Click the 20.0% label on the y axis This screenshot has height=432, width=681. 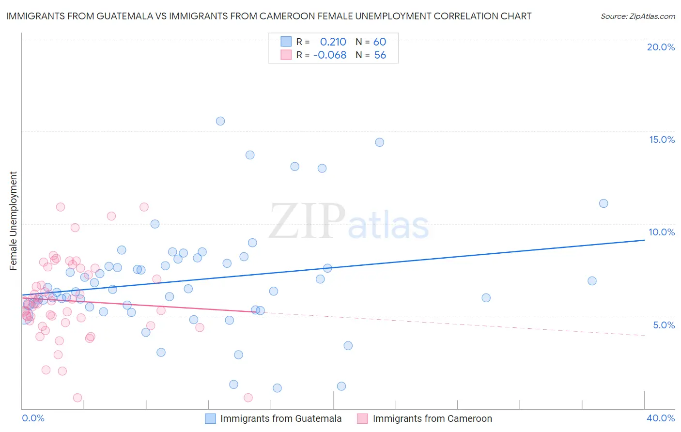[661, 47]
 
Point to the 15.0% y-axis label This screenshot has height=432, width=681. [662, 139]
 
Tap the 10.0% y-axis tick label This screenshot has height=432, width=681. [662, 232]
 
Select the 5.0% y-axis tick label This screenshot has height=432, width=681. [664, 325]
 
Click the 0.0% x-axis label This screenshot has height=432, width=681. [33, 418]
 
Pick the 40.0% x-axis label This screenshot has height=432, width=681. [660, 418]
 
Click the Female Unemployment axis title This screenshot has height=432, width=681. [14, 220]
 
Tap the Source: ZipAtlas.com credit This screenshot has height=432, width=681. [637, 16]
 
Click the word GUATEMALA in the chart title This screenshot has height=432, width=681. [121, 16]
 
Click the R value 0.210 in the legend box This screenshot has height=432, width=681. [333, 42]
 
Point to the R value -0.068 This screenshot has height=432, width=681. [330, 55]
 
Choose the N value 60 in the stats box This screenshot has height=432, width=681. [380, 42]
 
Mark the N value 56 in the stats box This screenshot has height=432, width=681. [380, 55]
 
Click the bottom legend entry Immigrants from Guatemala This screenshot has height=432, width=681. [280, 418]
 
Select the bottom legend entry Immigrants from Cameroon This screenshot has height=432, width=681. [432, 418]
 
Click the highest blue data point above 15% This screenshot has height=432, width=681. [220, 121]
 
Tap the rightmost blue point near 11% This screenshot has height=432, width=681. [604, 203]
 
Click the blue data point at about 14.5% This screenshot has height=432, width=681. [380, 142]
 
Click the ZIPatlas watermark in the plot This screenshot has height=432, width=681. [349, 221]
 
